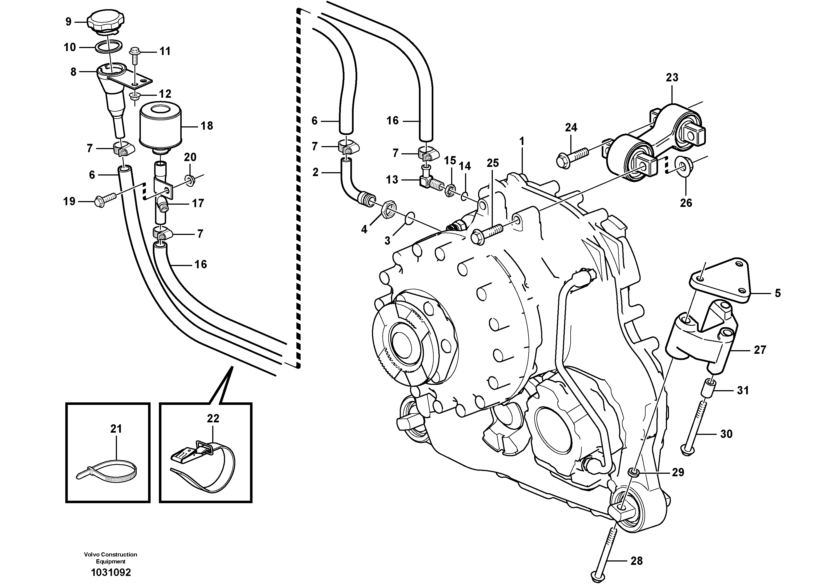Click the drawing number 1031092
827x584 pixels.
pos(111,572)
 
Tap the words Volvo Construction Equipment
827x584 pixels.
pos(111,558)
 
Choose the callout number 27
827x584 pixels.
pos(760,350)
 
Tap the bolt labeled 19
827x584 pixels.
pos(105,200)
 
